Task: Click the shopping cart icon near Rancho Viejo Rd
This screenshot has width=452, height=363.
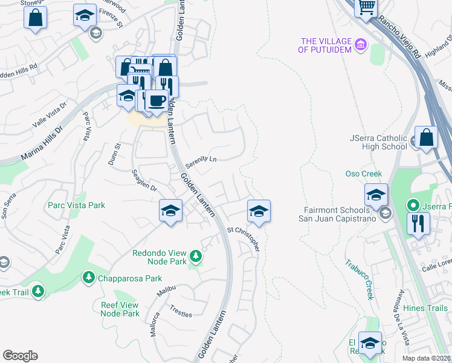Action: click(x=367, y=8)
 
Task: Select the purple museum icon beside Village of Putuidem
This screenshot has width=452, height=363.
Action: click(x=361, y=44)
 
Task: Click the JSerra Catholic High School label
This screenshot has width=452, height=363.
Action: click(x=378, y=142)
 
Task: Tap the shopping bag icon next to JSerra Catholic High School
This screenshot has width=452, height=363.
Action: click(x=426, y=137)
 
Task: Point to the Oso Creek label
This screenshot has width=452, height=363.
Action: click(x=364, y=174)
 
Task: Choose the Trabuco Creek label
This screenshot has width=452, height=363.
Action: click(x=360, y=279)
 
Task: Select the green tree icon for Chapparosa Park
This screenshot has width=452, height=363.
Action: click(x=88, y=277)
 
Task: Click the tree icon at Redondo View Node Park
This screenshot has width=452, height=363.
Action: click(x=195, y=257)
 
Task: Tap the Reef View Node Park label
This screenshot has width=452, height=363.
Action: click(x=120, y=309)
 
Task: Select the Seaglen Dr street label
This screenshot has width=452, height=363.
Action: click(x=144, y=180)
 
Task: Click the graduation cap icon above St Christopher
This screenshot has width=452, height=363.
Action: click(x=258, y=212)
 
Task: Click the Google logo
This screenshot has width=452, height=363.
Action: click(x=20, y=356)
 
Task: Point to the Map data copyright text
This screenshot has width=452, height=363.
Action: click(x=426, y=358)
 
